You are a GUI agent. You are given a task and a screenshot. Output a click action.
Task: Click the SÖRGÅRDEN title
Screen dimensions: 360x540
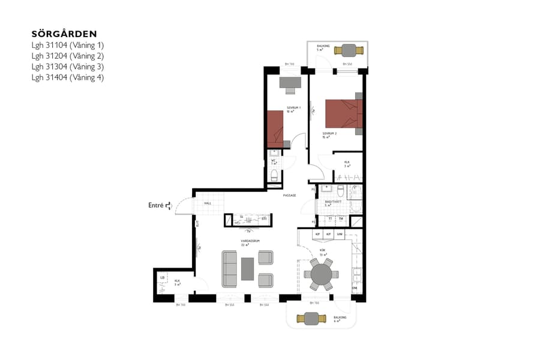tap(64, 34)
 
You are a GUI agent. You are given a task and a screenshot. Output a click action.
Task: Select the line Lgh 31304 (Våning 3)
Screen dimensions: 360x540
tap(68, 66)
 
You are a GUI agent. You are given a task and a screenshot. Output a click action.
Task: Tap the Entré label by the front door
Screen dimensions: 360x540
tap(157, 205)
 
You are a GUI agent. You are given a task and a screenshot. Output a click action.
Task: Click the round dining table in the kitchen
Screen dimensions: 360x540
tap(321, 274)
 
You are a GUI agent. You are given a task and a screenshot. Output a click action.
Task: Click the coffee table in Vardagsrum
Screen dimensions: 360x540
tap(248, 268)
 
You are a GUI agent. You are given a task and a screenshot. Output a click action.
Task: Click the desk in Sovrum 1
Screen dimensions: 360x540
tap(290, 82)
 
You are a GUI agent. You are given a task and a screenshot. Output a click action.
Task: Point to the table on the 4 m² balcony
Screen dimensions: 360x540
tap(312, 318)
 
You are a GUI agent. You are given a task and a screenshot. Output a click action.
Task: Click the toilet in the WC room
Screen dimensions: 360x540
tap(274, 175)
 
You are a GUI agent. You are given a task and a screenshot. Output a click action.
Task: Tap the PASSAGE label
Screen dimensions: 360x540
tap(290, 195)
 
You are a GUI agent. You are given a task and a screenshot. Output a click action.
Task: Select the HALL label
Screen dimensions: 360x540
tap(208, 203)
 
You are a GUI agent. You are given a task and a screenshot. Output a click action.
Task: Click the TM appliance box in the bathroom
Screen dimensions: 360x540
tap(340, 219)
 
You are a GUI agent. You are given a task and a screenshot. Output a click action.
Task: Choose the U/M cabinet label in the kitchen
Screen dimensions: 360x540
tap(339, 233)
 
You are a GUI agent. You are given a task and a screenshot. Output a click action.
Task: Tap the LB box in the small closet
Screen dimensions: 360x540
tap(162, 277)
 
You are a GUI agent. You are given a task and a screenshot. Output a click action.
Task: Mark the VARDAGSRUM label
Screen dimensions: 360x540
tap(249, 241)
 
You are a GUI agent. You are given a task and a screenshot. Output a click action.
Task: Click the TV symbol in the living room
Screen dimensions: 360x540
tap(248, 230)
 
